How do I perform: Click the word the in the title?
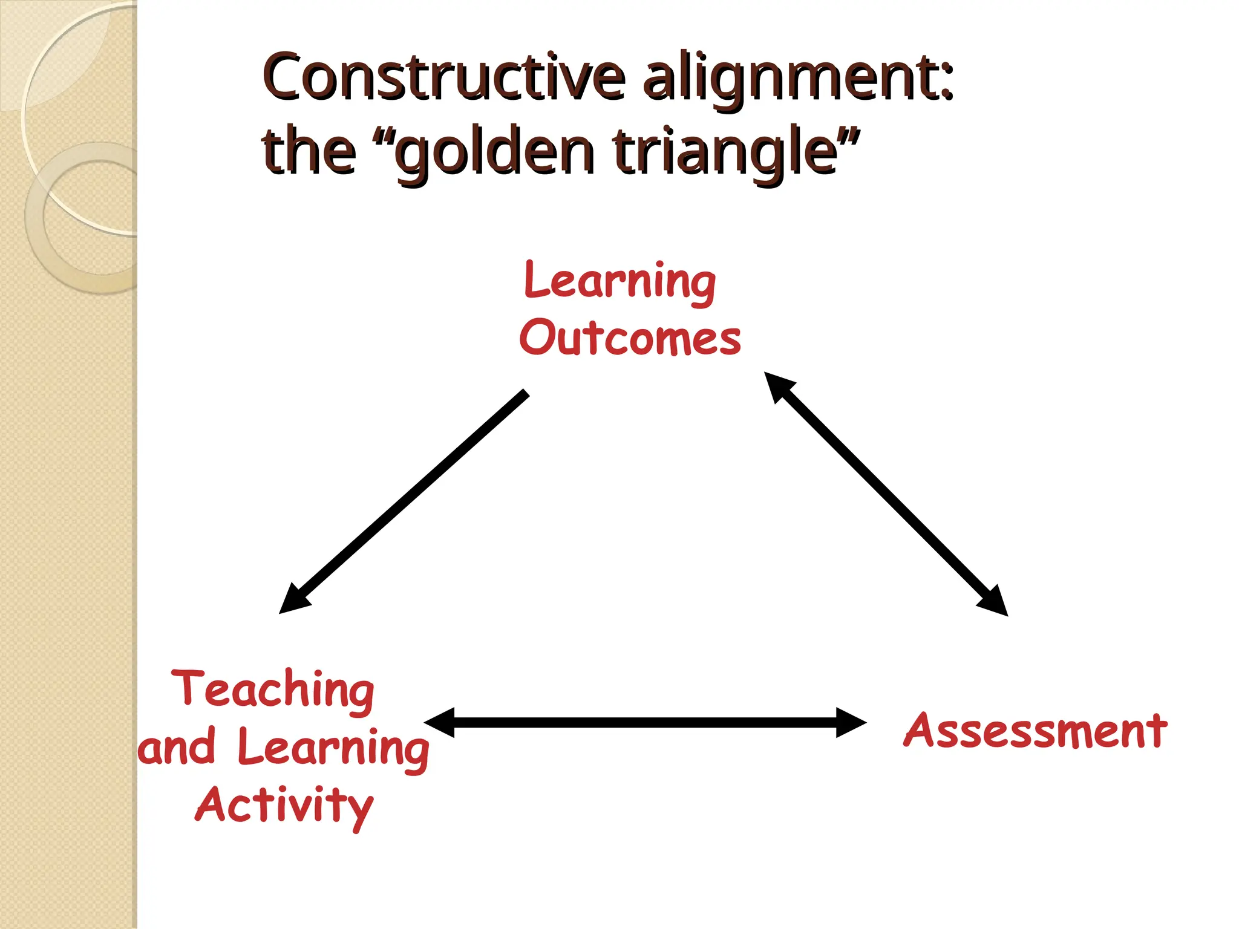(309, 151)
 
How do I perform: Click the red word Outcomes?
(630, 337)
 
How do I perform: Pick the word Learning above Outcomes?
(620, 281)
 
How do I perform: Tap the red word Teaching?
(273, 689)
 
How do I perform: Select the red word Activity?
(284, 806)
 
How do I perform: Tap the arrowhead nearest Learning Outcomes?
(777, 385)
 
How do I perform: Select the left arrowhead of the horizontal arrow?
(439, 723)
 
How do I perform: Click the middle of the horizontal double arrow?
(645, 723)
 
